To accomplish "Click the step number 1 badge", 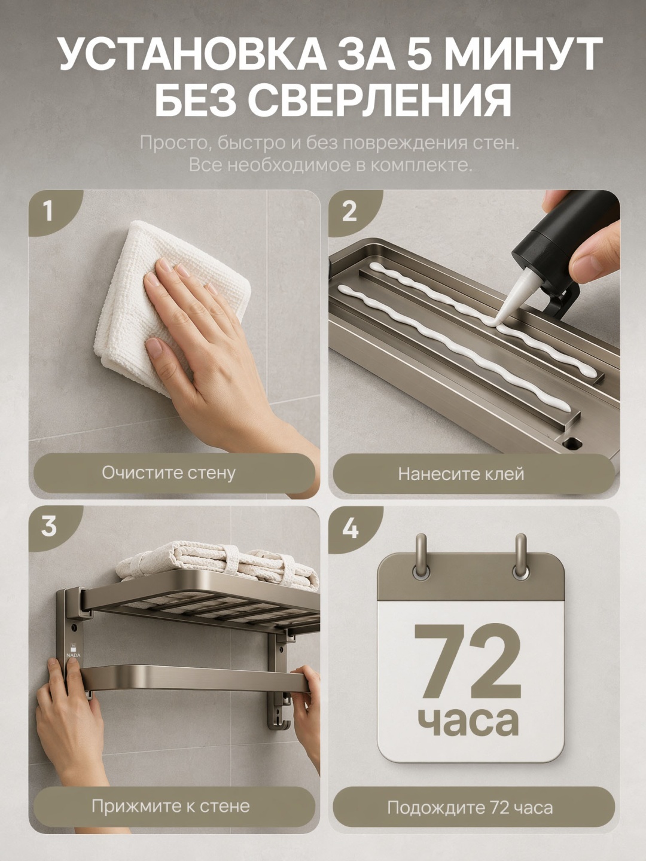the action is pos(48,212).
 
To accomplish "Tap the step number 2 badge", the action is pos(349,212).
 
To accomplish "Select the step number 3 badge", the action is pos(48,526).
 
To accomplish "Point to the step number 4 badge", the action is pos(350,528).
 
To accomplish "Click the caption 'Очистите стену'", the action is pos(169,473).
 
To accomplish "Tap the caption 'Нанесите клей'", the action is pos(461,474).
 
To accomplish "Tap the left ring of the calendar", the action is pos(421,557).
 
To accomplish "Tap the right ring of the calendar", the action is pos(520,557).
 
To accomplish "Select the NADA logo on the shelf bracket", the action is pos(74,651).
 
